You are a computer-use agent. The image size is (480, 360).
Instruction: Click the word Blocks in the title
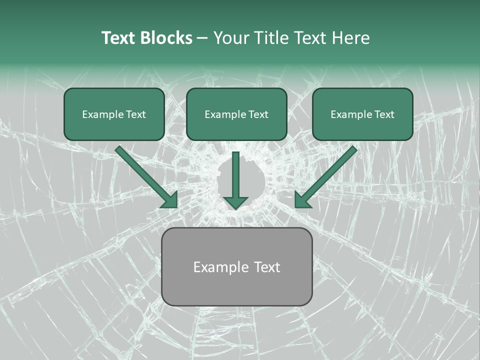click(166, 38)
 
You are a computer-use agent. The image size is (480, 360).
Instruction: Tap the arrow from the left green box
click(145, 175)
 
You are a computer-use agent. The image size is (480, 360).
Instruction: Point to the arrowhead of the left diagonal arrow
click(170, 200)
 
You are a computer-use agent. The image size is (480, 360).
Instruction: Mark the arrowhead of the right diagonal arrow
click(302, 200)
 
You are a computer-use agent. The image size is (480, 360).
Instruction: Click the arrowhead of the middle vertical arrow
click(235, 202)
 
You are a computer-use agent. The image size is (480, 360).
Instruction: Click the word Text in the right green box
click(384, 114)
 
